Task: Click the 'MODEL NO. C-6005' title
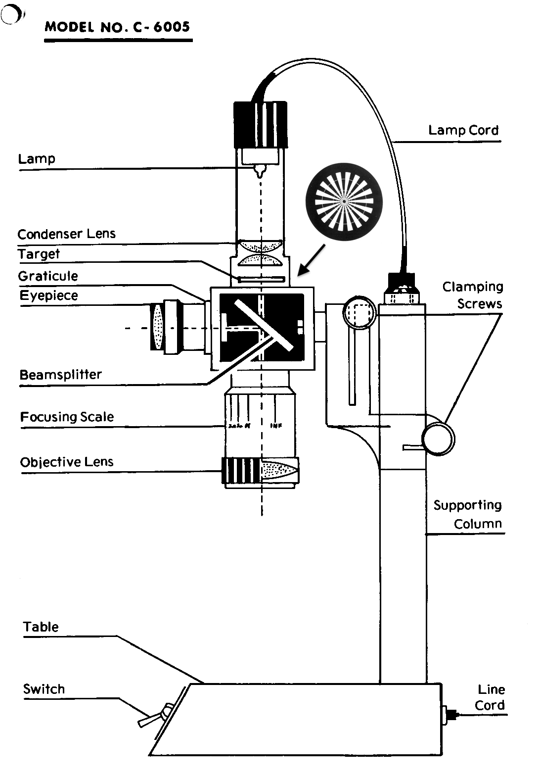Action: (117, 27)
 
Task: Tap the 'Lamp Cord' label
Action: (463, 130)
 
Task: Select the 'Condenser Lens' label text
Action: (66, 234)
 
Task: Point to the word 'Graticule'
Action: (48, 276)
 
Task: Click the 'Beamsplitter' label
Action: (60, 375)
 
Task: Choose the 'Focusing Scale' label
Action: (67, 417)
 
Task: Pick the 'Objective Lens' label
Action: (67, 462)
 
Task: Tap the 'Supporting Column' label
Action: (468, 514)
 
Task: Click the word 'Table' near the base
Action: (41, 627)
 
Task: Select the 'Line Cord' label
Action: (490, 697)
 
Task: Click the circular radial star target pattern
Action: (344, 202)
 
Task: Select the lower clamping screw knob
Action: (438, 438)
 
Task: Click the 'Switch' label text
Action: (44, 689)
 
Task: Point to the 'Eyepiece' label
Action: (48, 295)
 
